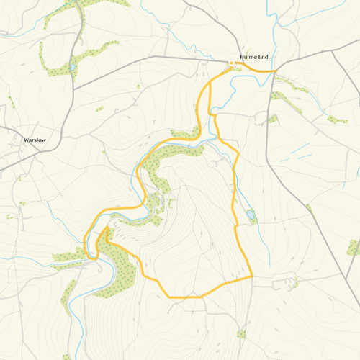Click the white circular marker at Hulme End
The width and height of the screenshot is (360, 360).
tap(231, 63)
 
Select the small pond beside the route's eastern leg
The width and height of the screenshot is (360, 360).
tap(249, 215)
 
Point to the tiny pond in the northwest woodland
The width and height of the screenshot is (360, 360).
tap(72, 69)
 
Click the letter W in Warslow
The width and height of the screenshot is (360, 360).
tap(25, 140)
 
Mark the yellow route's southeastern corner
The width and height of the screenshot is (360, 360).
tap(252, 276)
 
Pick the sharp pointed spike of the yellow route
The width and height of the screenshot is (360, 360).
tap(107, 228)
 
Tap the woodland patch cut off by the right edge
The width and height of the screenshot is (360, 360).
tap(354, 248)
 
